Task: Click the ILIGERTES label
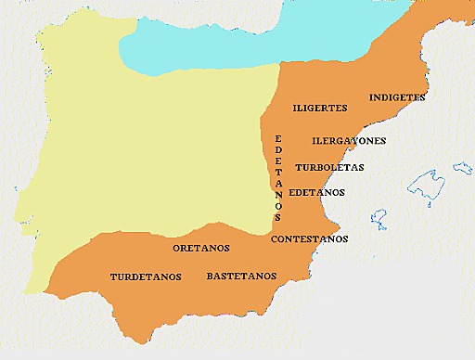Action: [x=320, y=108]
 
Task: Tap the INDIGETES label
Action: [x=397, y=96]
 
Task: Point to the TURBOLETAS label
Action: [x=329, y=167]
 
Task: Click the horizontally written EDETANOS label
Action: [x=316, y=192]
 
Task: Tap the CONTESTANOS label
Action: [x=310, y=238]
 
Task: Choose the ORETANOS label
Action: [x=201, y=248]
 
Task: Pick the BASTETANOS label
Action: [x=241, y=276]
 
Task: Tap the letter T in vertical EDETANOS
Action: [x=277, y=171]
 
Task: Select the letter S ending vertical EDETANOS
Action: [x=277, y=217]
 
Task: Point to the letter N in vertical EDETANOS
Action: [x=277, y=194]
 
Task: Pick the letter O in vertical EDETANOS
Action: [x=277, y=205]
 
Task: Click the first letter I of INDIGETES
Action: [x=371, y=96]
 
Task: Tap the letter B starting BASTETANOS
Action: [x=210, y=276]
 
